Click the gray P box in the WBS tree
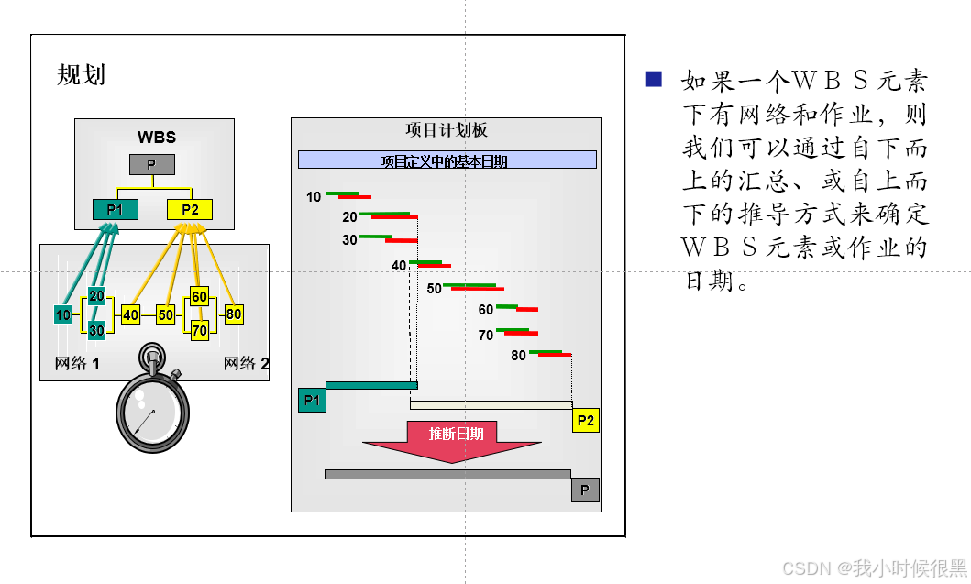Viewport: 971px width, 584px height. click(x=151, y=165)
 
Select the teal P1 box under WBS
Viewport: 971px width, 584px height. click(x=115, y=209)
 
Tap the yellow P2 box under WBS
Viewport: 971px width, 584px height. click(x=190, y=209)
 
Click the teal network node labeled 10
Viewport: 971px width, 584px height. click(x=62, y=315)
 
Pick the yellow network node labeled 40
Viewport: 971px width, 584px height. click(x=130, y=315)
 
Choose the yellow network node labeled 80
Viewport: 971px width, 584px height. click(x=234, y=314)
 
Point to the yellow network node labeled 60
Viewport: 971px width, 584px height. click(x=199, y=296)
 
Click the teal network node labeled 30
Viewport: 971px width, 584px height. click(x=96, y=330)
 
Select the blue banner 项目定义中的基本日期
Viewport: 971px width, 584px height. click(x=447, y=160)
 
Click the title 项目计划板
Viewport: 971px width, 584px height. click(x=447, y=130)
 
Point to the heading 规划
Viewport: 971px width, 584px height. click(x=82, y=75)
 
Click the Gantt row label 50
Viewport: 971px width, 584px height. click(x=434, y=289)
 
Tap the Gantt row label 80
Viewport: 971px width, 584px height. click(x=518, y=356)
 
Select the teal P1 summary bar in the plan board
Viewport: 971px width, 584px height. click(x=371, y=385)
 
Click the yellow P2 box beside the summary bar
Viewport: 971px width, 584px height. click(x=585, y=421)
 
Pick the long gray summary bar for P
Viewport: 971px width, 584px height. click(x=447, y=474)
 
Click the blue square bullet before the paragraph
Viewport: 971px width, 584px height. click(x=654, y=79)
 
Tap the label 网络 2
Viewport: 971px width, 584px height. click(x=246, y=364)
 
